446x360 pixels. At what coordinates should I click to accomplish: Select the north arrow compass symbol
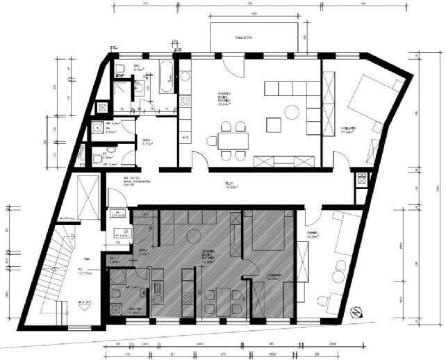click(x=356, y=313)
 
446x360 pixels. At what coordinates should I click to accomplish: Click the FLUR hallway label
click(x=229, y=186)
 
